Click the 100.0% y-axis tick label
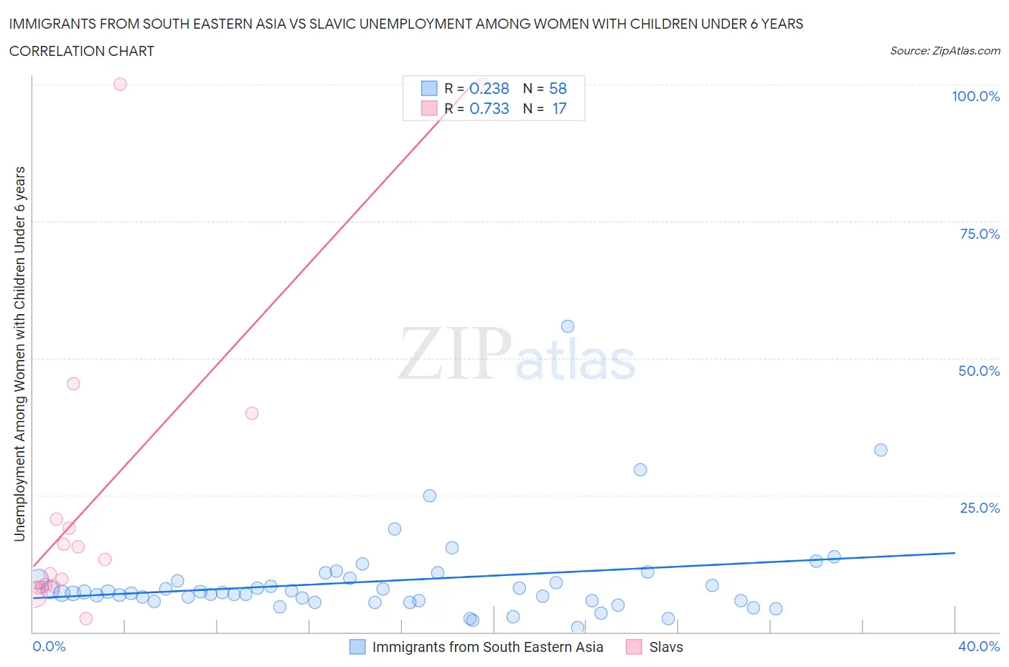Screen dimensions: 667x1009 (x=975, y=97)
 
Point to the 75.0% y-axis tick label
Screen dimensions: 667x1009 (x=980, y=234)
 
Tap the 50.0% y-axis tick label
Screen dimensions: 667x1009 (x=979, y=371)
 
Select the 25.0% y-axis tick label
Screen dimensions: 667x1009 (x=980, y=508)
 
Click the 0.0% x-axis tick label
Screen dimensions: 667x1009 (x=49, y=646)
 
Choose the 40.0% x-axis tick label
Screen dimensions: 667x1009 (x=979, y=646)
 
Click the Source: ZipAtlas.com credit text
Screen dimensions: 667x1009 (x=944, y=51)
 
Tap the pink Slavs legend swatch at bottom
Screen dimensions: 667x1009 (x=634, y=647)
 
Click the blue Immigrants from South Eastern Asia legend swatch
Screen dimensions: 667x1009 (x=357, y=647)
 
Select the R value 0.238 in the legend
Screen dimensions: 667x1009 (x=489, y=88)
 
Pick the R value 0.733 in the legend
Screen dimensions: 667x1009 (x=489, y=108)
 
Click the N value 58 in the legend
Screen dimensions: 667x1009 (x=558, y=88)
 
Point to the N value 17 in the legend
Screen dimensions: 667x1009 (x=559, y=108)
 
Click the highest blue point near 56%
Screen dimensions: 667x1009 (x=568, y=326)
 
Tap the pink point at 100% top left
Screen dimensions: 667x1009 (x=120, y=84)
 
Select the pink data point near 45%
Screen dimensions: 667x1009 (x=73, y=384)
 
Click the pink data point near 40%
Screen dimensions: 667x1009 (x=252, y=413)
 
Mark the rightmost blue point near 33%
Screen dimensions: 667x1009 (x=881, y=450)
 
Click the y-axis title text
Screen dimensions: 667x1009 (x=19, y=354)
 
